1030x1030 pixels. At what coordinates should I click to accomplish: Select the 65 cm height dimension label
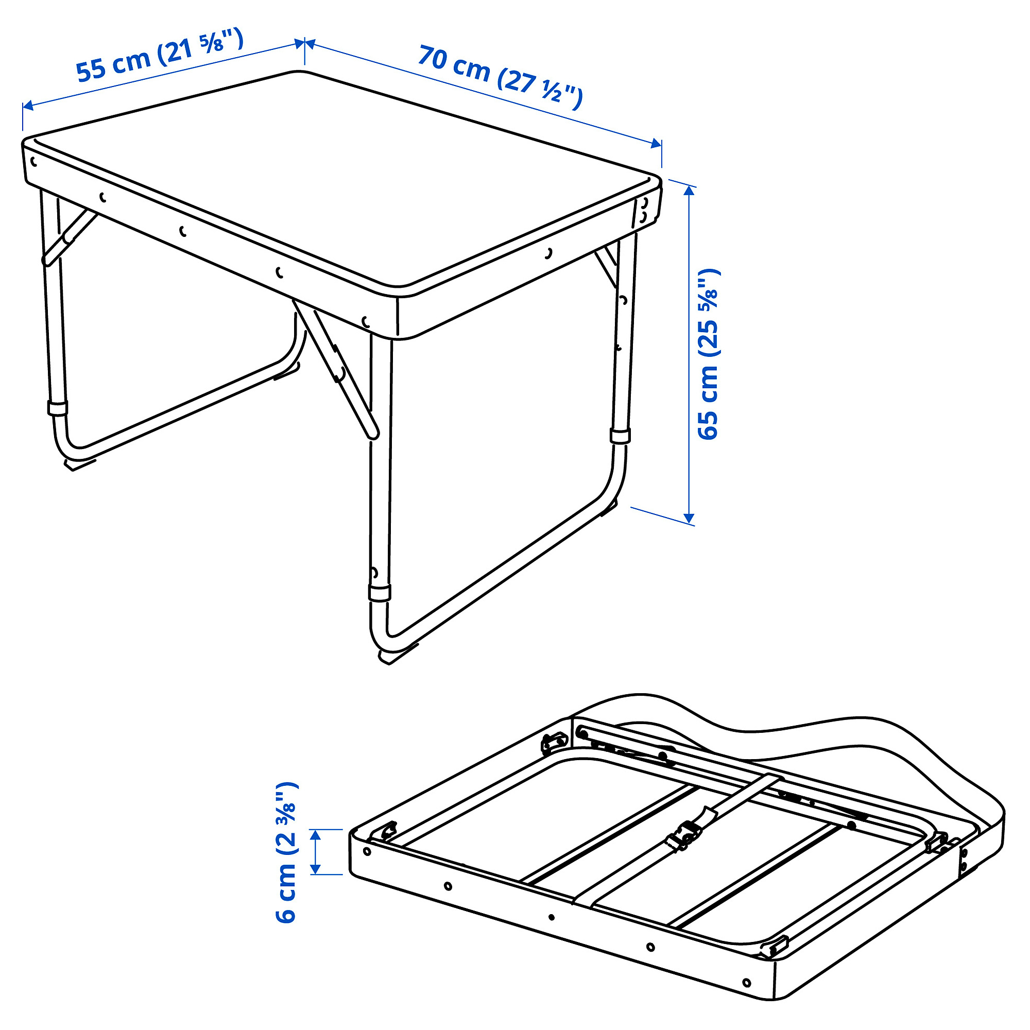click(709, 354)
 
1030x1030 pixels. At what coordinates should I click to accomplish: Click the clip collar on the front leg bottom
click(379, 592)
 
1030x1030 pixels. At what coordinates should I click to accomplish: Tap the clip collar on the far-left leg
click(57, 408)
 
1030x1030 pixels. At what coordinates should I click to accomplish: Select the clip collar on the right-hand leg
click(620, 436)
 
